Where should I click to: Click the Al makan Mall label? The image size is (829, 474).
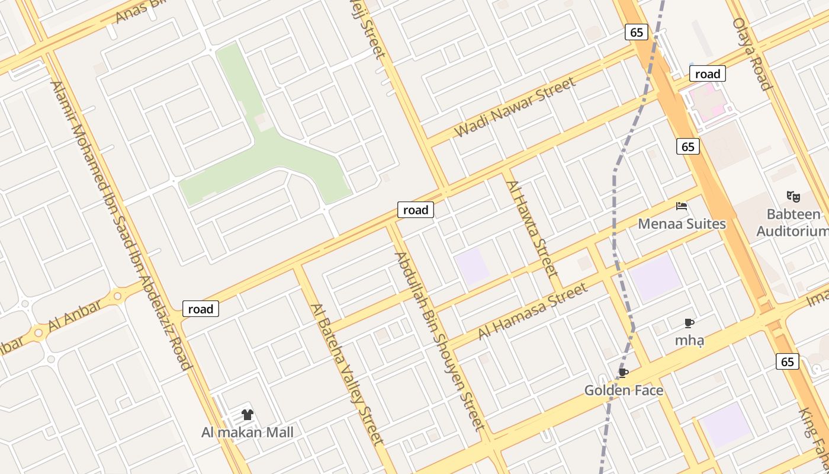(248, 432)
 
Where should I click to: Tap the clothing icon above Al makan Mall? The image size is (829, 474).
(248, 415)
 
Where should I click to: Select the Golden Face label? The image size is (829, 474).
(624, 390)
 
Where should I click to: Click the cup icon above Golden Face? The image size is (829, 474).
(623, 373)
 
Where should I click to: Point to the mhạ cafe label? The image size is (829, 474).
(689, 340)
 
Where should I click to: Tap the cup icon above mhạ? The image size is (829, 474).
(689, 323)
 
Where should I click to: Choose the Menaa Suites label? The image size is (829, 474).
(682, 224)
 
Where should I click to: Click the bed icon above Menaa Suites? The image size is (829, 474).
(682, 206)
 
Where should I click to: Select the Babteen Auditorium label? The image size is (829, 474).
(793, 222)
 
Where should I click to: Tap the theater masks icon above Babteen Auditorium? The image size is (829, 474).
(793, 196)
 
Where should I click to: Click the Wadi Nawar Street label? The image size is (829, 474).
(515, 107)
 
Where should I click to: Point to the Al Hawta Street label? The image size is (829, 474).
(532, 229)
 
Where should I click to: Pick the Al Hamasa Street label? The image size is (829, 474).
(532, 310)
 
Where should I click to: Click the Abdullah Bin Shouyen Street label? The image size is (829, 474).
(439, 341)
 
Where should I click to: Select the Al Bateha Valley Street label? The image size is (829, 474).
(348, 374)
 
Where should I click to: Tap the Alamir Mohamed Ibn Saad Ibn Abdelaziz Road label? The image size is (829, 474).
(121, 225)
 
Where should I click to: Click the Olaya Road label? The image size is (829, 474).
(752, 53)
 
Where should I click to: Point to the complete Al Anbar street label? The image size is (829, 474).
(75, 316)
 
